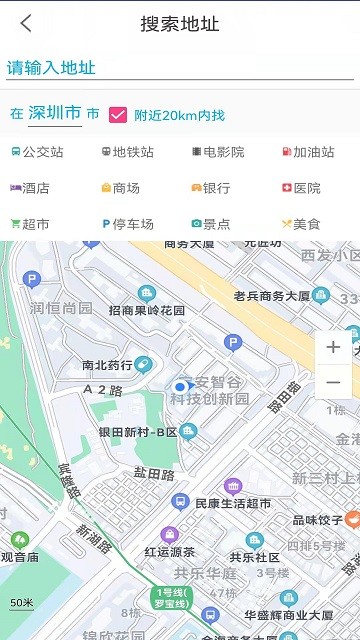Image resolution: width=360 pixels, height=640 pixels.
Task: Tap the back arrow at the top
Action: click(26, 24)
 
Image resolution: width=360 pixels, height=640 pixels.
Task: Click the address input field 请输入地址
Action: click(180, 68)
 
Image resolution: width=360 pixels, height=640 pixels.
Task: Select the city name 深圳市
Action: click(56, 113)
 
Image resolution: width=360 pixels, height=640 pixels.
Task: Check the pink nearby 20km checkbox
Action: click(118, 115)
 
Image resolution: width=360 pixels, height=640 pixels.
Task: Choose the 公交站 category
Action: click(37, 152)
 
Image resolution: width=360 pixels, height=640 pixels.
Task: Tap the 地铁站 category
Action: click(127, 152)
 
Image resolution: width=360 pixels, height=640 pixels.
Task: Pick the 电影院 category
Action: click(217, 152)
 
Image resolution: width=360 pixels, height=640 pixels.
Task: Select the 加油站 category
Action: click(307, 152)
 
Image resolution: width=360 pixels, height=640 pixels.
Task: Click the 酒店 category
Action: click(30, 188)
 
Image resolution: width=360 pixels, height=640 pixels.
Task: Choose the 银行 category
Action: click(210, 188)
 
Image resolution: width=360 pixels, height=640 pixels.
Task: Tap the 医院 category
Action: click(301, 188)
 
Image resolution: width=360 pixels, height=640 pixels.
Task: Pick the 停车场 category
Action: click(127, 224)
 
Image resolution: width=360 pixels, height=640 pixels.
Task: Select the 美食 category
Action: click(301, 224)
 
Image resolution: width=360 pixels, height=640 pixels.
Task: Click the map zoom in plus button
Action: click(333, 347)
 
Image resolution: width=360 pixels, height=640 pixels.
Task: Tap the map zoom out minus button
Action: click(333, 382)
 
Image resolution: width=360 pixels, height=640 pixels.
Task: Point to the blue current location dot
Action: click(181, 386)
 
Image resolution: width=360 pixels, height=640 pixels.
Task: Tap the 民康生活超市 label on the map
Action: click(232, 503)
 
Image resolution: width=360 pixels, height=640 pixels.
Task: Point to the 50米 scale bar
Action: click(22, 603)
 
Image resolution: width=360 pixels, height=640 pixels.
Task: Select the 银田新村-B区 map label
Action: click(138, 432)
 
